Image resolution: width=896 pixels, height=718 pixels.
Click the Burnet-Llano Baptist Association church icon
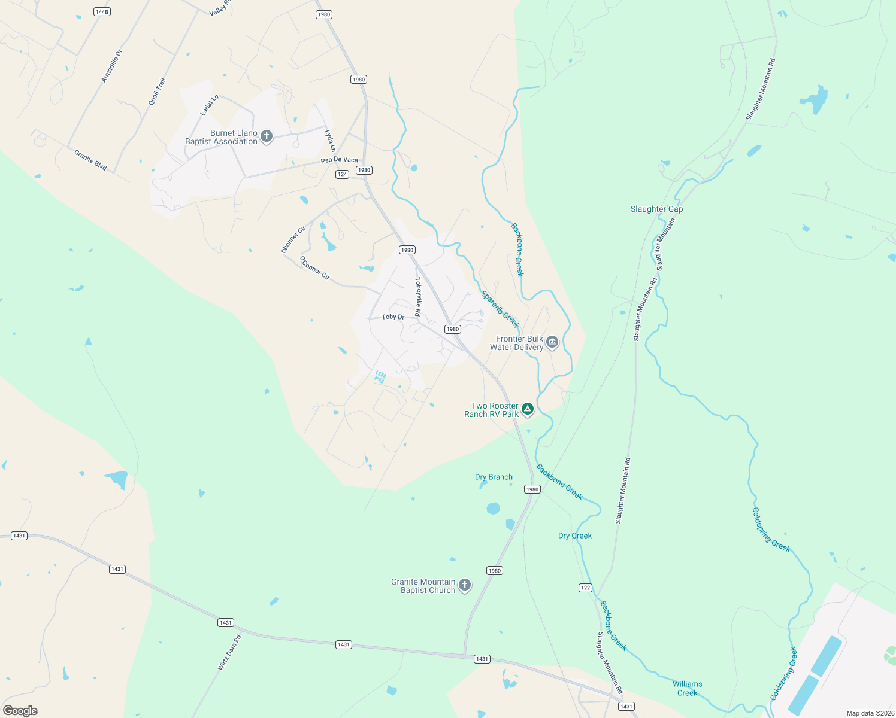267,137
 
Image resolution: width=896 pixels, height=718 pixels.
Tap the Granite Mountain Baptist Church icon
465,586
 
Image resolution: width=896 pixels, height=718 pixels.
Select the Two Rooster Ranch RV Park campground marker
528,409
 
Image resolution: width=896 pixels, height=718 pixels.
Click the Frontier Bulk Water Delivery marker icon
552,343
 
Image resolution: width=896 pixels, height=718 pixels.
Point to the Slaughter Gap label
656,209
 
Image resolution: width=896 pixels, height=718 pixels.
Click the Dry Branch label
494,477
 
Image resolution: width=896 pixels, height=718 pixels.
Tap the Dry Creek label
574,536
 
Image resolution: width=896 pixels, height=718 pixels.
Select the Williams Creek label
687,688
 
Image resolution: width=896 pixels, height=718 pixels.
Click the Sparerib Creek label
500,309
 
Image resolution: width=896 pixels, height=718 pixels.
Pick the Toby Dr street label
393,317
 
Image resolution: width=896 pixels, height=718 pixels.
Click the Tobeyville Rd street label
418,297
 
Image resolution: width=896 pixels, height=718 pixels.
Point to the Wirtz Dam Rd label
229,652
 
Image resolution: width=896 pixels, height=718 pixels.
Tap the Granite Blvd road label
90,160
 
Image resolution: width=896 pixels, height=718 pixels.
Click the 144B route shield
102,12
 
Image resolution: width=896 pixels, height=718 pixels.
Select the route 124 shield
342,174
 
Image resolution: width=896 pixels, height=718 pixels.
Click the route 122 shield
585,588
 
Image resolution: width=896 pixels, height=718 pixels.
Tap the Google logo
20,711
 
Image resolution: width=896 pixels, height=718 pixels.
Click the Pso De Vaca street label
339,160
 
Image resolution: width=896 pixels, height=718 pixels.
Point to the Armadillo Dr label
111,66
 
